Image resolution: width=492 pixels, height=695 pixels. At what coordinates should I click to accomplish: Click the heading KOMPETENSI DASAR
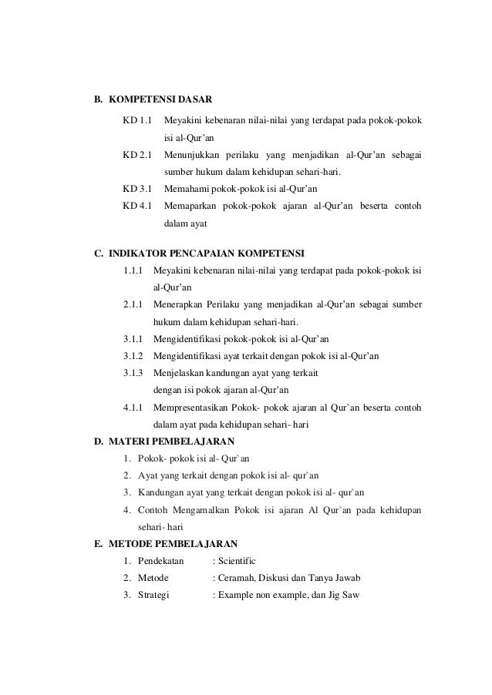161,100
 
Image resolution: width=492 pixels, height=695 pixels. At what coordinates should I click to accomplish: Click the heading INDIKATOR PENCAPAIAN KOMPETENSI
207,252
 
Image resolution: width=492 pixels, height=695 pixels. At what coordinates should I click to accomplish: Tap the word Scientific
238,561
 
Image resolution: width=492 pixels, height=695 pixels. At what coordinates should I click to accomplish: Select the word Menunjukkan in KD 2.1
191,155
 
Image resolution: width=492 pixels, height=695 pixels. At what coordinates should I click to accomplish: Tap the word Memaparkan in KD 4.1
190,206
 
